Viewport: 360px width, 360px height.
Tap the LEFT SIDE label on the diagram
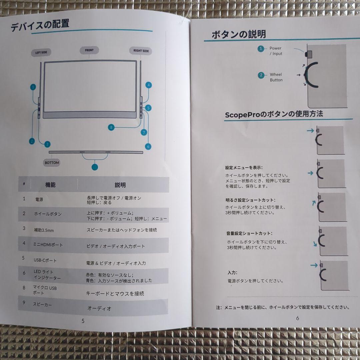coord(41,53)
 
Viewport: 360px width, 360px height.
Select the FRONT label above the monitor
coord(89,50)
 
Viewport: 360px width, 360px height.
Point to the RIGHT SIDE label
coord(141,51)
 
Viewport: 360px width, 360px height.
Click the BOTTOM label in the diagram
coord(52,163)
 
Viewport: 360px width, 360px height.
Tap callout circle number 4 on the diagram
coord(148,85)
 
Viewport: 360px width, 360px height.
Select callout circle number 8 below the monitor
coord(112,127)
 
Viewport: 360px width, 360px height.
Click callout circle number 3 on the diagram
coord(47,144)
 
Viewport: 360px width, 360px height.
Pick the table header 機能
coord(50,185)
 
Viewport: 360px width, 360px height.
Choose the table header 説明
coord(120,185)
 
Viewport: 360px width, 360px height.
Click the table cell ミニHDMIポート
coord(48,245)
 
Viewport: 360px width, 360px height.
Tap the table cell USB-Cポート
coord(45,260)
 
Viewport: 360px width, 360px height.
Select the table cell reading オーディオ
coord(99,308)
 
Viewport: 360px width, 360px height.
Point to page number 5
coord(83,321)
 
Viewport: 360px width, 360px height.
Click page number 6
coord(297,318)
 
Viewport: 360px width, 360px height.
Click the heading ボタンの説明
coord(239,34)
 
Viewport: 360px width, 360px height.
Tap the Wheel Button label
coord(276,77)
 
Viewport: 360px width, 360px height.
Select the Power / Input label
coord(276,51)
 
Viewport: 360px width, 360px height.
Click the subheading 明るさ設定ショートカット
coord(250,200)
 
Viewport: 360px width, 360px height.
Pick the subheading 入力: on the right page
coord(232,273)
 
